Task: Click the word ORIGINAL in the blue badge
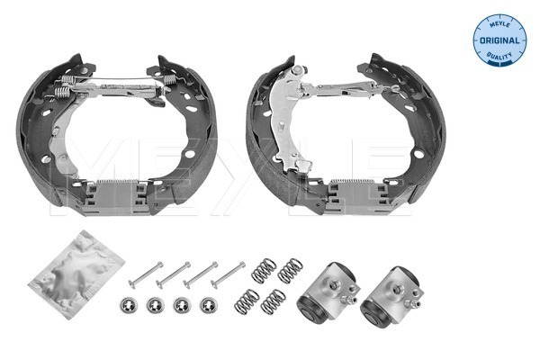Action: pyautogui.click(x=499, y=40)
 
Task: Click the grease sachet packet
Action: pyautogui.click(x=76, y=274)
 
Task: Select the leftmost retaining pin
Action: pyautogui.click(x=146, y=275)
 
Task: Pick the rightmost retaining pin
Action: pyautogui.click(x=229, y=274)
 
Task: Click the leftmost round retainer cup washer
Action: pyautogui.click(x=129, y=306)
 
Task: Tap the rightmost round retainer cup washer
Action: pyautogui.click(x=209, y=305)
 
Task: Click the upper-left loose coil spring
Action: pyautogui.click(x=264, y=271)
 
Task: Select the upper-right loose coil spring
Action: pyautogui.click(x=291, y=271)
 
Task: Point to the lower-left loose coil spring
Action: pyautogui.click(x=247, y=301)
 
